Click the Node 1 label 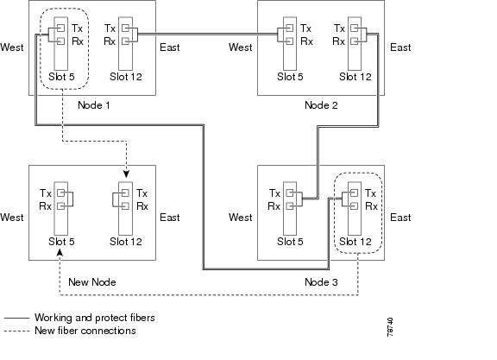pos(94,105)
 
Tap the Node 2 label pos(321,105)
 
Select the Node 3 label pos(321,282)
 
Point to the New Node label pos(92,282)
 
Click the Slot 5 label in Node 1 pos(61,77)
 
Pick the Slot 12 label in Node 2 pos(355,77)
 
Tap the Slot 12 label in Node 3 pos(355,242)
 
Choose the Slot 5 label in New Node pos(61,242)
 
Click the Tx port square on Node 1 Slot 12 pos(125,28)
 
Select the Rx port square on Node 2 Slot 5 pos(290,41)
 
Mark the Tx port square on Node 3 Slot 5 pos(290,193)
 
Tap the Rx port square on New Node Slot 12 pos(125,206)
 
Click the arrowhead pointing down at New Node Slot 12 pos(127,174)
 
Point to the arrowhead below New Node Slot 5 pos(60,252)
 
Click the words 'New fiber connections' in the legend pos(85,331)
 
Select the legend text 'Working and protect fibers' pos(95,318)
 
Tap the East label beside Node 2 pos(400,47)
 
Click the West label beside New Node pos(12,218)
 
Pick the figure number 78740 pos(390,327)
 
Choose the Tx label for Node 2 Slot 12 pos(339,28)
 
